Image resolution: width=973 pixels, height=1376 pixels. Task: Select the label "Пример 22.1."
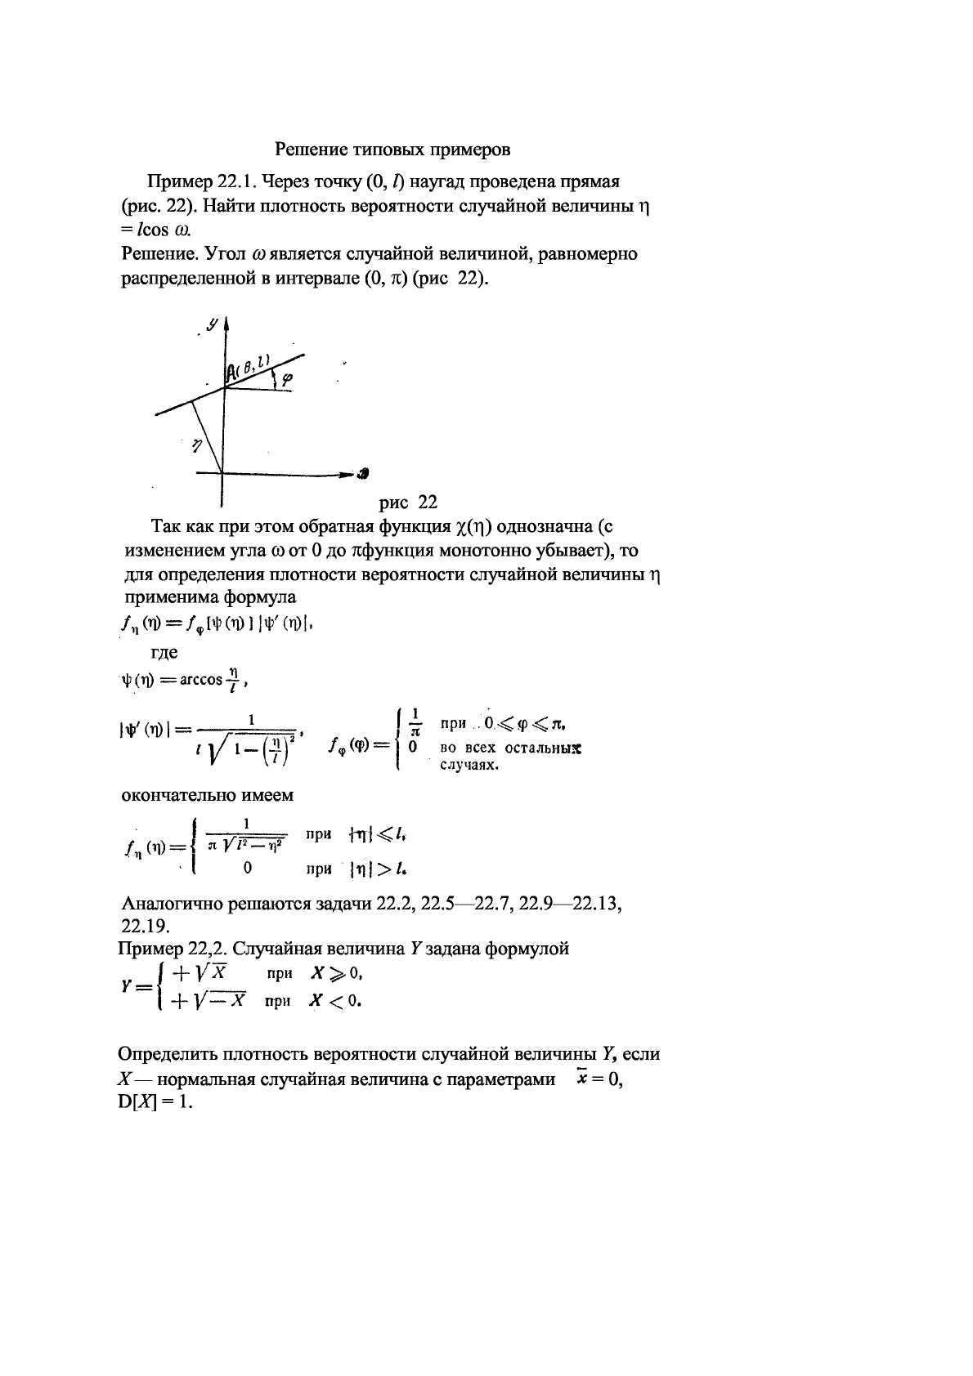coord(192,181)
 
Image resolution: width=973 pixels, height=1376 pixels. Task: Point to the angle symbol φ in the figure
coord(285,378)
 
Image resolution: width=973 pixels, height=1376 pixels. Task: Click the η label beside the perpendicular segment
coord(196,445)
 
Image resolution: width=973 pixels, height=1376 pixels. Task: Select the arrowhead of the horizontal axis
coord(361,472)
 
